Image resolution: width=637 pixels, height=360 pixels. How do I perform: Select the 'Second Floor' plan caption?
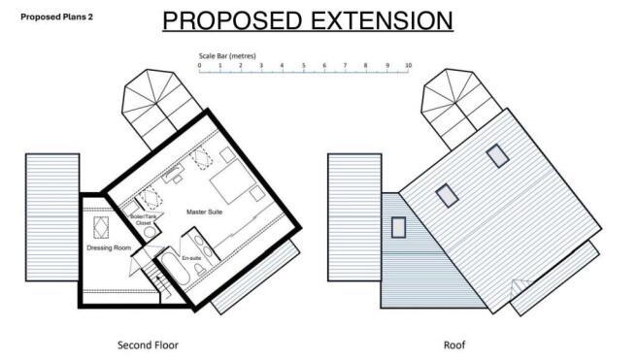(x=148, y=344)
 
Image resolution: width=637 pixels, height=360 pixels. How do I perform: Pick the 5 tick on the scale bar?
(x=304, y=66)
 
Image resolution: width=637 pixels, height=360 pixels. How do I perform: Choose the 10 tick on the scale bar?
(x=408, y=66)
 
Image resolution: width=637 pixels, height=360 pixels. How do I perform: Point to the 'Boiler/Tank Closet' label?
(x=144, y=220)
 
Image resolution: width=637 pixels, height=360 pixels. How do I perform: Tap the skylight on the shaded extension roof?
(x=398, y=227)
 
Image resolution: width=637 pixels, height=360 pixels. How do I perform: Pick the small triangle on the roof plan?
(x=520, y=283)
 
